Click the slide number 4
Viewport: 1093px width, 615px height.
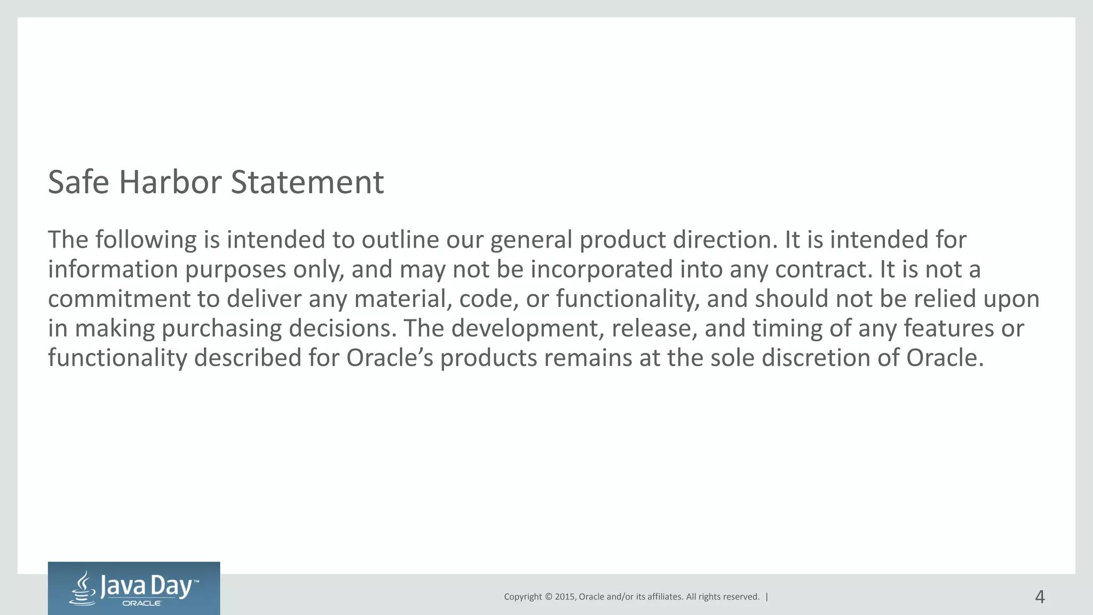tap(1040, 596)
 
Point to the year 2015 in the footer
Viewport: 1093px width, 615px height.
tap(565, 597)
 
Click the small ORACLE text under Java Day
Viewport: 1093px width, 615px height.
tap(142, 603)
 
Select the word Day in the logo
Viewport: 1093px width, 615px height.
tap(171, 587)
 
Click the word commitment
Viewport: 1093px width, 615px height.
tap(118, 298)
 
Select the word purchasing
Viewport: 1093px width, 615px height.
tap(221, 328)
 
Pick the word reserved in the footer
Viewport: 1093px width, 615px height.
tap(741, 597)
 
